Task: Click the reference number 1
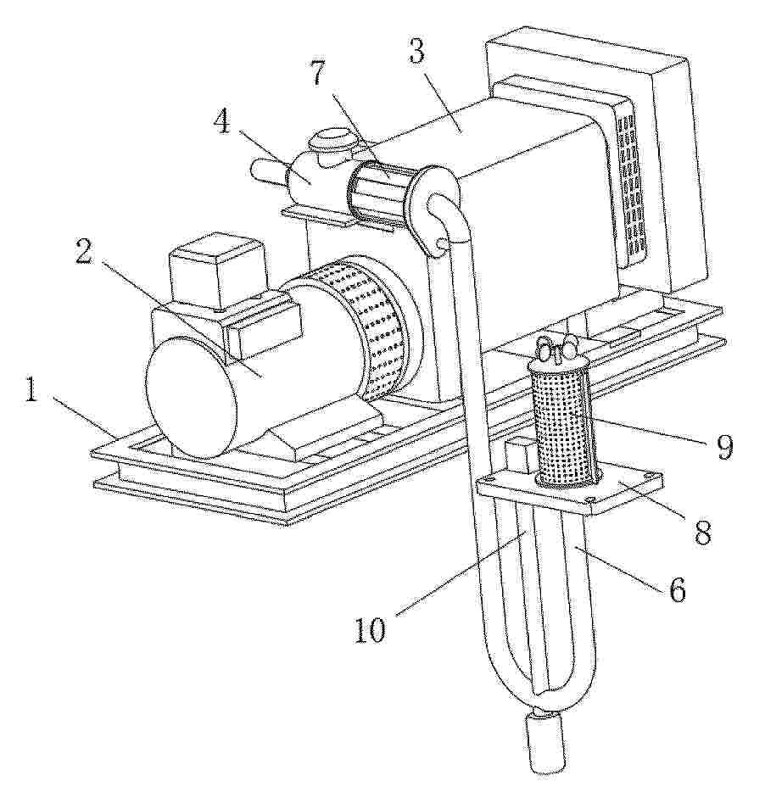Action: pyautogui.click(x=31, y=390)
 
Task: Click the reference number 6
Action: pyautogui.click(x=677, y=589)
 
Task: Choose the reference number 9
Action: pyautogui.click(x=723, y=447)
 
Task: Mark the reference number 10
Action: pyautogui.click(x=371, y=629)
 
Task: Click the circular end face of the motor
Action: pyautogui.click(x=190, y=397)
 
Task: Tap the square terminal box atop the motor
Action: pyautogui.click(x=217, y=271)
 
